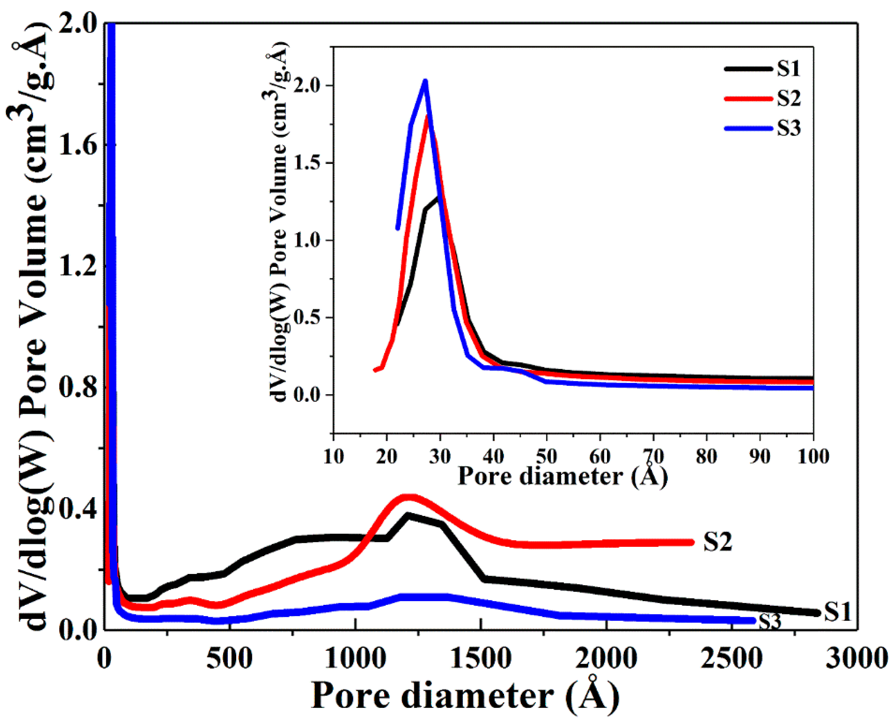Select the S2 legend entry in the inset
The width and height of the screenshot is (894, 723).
click(x=788, y=99)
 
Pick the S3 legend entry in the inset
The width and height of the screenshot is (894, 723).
click(x=788, y=128)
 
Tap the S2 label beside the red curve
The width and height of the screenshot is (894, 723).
click(x=717, y=542)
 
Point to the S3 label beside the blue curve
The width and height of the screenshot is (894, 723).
click(x=770, y=622)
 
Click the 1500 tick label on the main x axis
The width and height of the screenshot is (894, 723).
click(x=481, y=659)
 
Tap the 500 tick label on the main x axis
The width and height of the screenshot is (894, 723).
click(x=230, y=659)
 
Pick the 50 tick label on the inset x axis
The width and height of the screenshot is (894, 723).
click(x=547, y=457)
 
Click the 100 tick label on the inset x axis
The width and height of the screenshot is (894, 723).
click(x=813, y=457)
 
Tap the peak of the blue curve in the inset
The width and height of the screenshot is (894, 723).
click(x=425, y=81)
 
